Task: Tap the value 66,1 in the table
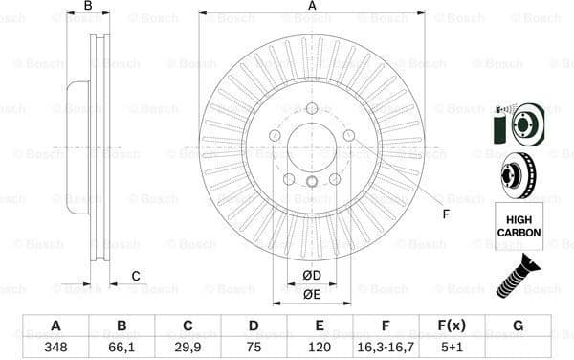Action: coord(121,346)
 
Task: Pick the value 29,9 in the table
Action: coord(188,346)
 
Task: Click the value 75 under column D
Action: coord(254,346)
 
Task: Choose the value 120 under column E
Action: coord(320,346)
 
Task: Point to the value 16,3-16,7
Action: coord(386,346)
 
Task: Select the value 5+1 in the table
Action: coord(452,346)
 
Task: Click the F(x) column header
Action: coord(452,326)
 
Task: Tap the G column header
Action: coord(518,326)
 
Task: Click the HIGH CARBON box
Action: coord(519,226)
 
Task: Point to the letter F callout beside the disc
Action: coord(445,213)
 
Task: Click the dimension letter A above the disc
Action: coord(312,7)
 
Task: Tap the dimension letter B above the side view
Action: coord(87,7)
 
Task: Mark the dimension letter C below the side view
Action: coord(136,277)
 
